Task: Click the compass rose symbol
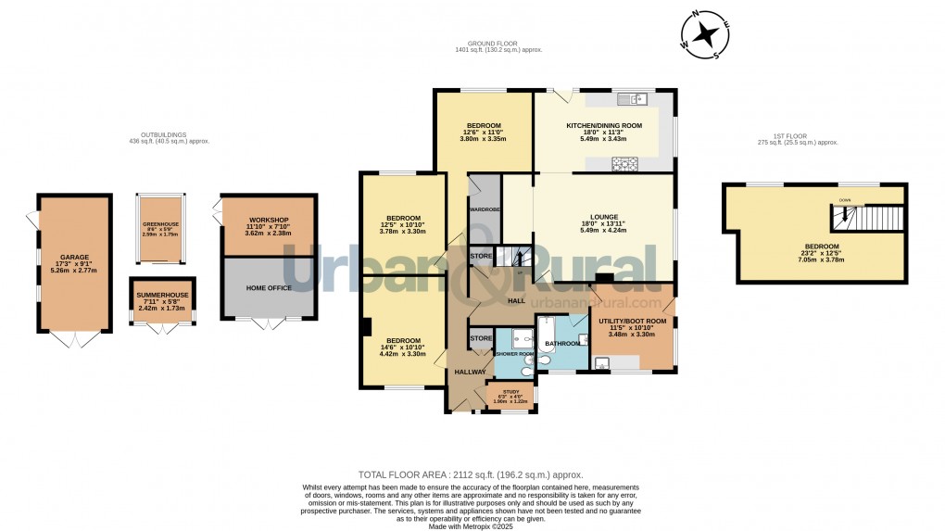tap(706, 34)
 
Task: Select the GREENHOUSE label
tap(159, 224)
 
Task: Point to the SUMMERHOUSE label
tap(162, 295)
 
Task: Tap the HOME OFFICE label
tap(269, 288)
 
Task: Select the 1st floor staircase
tap(866, 219)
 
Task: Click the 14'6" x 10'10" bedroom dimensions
tap(402, 353)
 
